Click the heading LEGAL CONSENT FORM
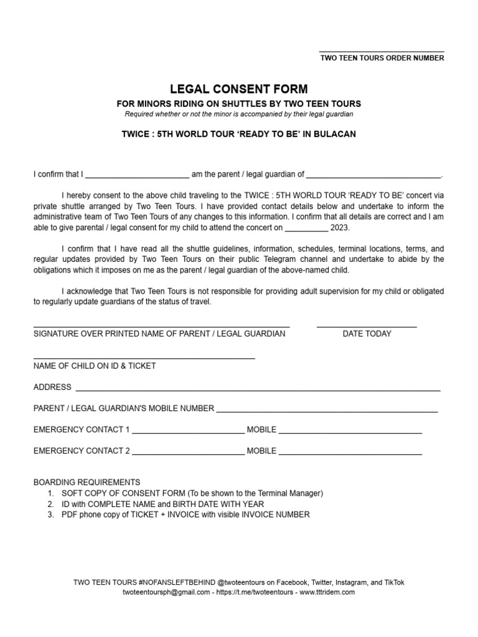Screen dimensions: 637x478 tap(239, 90)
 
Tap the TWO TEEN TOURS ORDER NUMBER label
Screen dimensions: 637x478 tap(382, 58)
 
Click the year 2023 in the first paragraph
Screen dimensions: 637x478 tap(340, 228)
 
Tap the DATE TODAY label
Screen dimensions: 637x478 tap(367, 333)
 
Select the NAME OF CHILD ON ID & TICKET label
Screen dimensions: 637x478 tap(95, 366)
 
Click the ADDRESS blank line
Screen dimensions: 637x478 tap(258, 390)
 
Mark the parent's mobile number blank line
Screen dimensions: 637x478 tap(327, 411)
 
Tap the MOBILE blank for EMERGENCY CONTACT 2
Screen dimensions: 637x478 tap(350, 453)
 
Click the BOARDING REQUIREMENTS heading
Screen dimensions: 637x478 tap(87, 482)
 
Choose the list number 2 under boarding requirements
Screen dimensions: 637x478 tap(50, 504)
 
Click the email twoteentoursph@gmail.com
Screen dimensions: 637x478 tap(166, 592)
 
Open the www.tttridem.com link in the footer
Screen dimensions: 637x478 tap(327, 592)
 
